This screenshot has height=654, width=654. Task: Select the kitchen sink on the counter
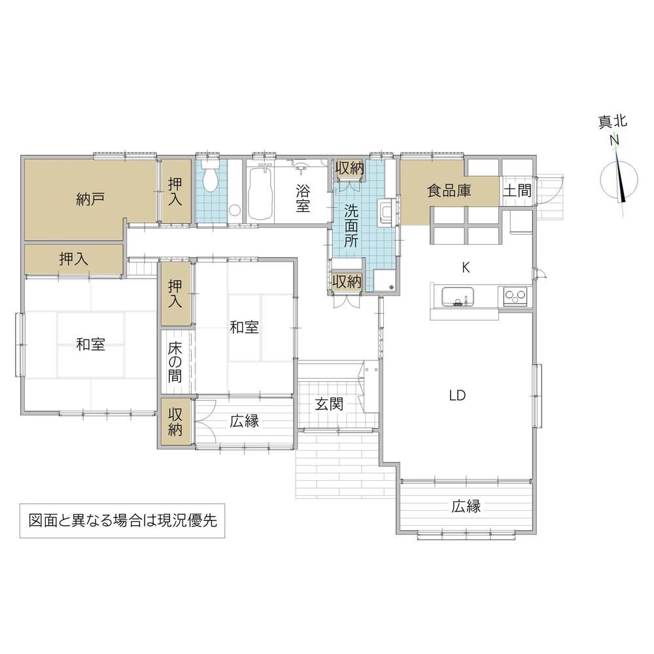[x=458, y=296]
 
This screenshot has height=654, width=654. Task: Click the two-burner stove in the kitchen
[x=515, y=296]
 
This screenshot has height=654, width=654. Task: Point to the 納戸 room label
[x=90, y=199]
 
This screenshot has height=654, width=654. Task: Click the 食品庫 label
[x=449, y=190]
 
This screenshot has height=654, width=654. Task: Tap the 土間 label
[x=517, y=191]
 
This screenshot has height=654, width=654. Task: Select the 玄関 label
[x=329, y=404]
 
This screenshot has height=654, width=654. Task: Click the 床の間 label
[x=175, y=362]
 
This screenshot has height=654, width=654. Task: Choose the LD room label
[x=458, y=395]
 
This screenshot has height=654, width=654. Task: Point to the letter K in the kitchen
[x=466, y=267]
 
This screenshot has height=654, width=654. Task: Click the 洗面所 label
[x=351, y=226]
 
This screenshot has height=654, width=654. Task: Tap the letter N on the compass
[x=614, y=141]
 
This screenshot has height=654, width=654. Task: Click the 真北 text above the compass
[x=613, y=122]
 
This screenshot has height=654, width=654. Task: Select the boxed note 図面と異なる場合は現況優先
[x=123, y=521]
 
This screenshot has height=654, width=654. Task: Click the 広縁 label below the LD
[x=466, y=506]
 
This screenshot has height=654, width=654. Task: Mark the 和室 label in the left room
[x=90, y=345]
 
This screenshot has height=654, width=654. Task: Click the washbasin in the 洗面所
[x=384, y=211]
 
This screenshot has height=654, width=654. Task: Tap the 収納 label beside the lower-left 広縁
[x=175, y=422]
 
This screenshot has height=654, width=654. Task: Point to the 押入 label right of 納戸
[x=175, y=192]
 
